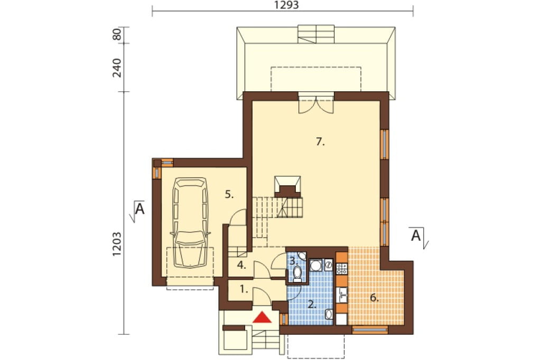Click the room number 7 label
(x=321, y=141)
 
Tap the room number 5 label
(x=229, y=194)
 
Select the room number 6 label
(x=375, y=298)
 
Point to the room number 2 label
(x=312, y=305)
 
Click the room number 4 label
(x=241, y=266)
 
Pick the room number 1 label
(x=244, y=290)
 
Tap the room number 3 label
(x=294, y=261)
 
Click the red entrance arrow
(x=263, y=317)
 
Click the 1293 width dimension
(x=286, y=5)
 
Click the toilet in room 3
(x=297, y=275)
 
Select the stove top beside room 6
(x=342, y=269)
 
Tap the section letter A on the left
(x=139, y=209)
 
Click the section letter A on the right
(x=416, y=236)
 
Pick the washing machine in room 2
(x=315, y=265)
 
